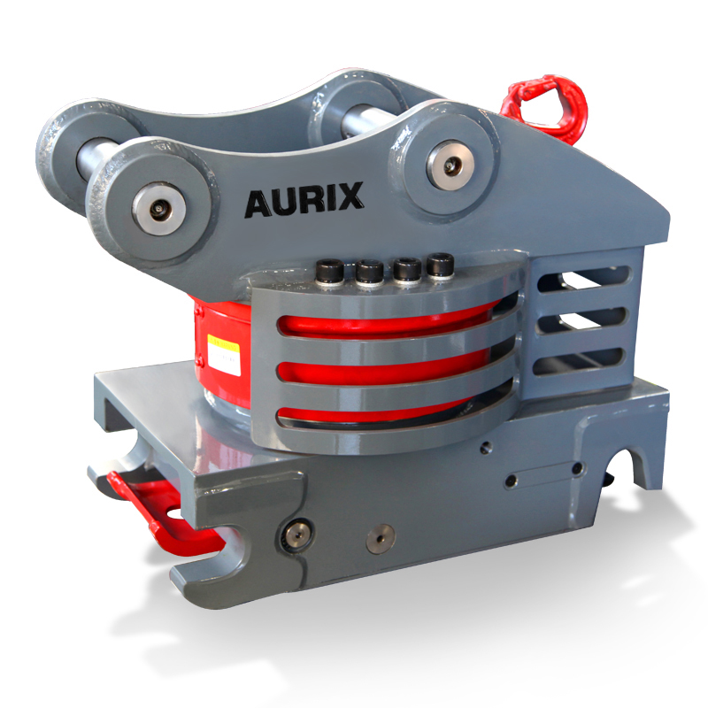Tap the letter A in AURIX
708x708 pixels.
click(257, 204)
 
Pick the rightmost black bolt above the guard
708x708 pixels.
click(440, 264)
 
